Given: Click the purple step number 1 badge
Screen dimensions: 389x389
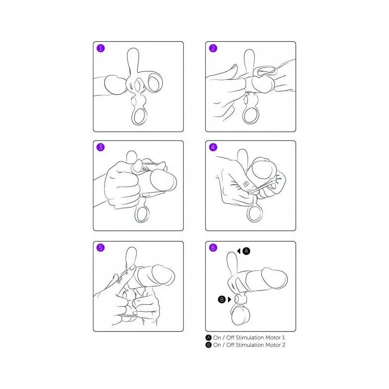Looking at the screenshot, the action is (x=101, y=48).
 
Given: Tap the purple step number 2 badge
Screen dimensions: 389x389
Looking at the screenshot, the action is (x=213, y=48).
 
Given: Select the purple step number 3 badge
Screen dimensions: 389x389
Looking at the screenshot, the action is (x=101, y=147).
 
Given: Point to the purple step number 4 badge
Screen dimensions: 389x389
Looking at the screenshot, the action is (x=213, y=147).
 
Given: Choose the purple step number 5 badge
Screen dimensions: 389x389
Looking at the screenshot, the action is (x=101, y=248).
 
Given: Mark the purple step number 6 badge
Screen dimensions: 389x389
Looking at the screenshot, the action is (x=213, y=248).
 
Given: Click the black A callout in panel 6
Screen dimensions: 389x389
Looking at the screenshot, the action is (x=246, y=251).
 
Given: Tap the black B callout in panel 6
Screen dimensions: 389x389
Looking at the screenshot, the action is (x=222, y=300).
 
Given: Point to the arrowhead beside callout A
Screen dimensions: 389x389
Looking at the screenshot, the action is (x=239, y=251).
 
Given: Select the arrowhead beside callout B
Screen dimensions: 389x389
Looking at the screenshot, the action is (x=230, y=300).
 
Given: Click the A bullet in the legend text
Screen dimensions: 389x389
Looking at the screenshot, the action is (x=209, y=337).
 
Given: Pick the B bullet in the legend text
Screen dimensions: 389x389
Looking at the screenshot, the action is (x=209, y=345).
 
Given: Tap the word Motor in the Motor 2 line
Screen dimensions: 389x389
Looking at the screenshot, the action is (x=273, y=345).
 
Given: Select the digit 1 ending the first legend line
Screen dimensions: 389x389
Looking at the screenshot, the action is (x=283, y=337).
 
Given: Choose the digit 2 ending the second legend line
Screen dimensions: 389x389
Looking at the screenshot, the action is (x=283, y=345).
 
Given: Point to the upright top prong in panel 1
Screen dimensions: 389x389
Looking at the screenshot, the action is (x=133, y=59).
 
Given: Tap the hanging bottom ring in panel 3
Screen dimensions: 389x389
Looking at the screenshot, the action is (x=136, y=214).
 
